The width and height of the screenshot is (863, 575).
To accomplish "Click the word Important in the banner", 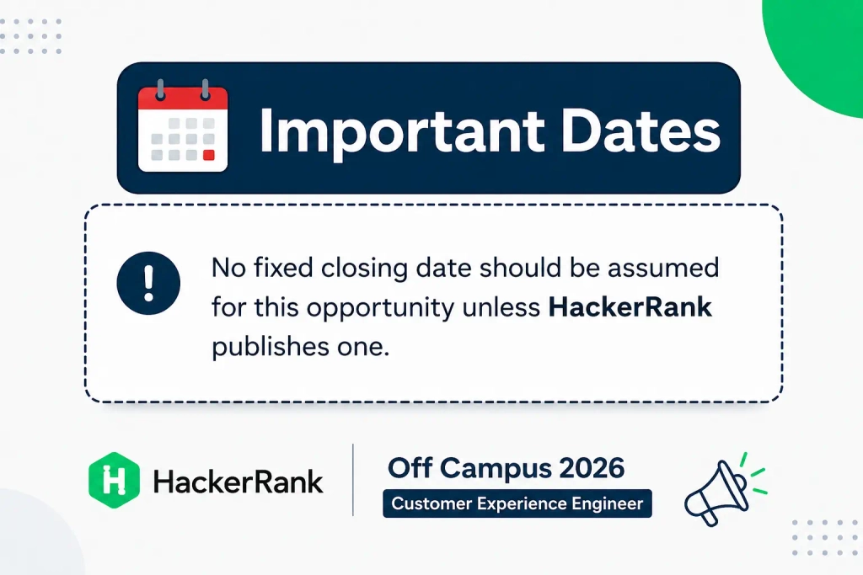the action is tap(402, 132).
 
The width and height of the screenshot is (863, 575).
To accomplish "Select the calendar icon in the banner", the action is tap(183, 126).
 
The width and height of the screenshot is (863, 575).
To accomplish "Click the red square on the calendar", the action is tap(209, 155).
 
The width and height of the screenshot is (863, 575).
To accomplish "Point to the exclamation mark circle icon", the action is tap(148, 283).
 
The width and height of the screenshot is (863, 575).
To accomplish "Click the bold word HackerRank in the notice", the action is tap(630, 306).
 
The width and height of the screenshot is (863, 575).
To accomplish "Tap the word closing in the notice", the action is tap(364, 269).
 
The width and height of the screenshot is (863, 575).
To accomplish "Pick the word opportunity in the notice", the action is tap(380, 308).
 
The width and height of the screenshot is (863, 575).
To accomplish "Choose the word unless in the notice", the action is tap(501, 306).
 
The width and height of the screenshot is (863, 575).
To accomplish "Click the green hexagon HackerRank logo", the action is tap(114, 481).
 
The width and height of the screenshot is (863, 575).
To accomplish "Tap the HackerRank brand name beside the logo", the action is tap(239, 482).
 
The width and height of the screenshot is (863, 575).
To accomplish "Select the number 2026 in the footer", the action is tap(592, 468).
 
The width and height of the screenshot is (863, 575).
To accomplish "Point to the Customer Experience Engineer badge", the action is tap(517, 503).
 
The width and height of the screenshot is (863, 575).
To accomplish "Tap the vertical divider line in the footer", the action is tap(353, 480).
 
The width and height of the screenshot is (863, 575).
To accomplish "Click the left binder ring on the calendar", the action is tap(160, 89).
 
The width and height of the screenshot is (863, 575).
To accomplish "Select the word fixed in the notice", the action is tap(282, 268).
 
